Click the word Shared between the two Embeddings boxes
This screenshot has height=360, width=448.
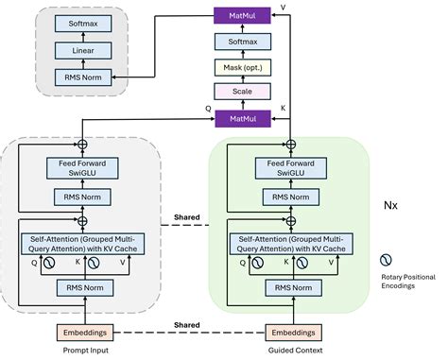(185, 324)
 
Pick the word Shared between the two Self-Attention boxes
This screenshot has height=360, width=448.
(185, 216)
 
